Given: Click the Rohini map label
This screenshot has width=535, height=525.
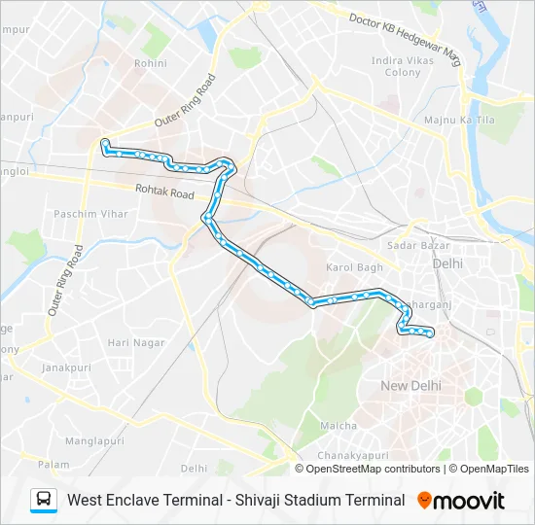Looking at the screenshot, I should (151, 63).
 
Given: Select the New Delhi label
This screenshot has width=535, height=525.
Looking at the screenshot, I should (410, 386).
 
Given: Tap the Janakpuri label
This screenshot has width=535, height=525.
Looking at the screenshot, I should (66, 367).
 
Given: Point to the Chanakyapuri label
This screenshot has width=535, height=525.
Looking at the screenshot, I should (353, 455).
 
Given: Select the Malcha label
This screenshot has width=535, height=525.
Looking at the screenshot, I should (339, 425).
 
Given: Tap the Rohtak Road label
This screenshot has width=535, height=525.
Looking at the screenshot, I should (165, 193).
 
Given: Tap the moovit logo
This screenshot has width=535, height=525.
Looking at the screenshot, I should (461, 501).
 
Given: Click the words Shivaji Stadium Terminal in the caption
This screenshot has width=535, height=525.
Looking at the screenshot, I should (320, 501).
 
